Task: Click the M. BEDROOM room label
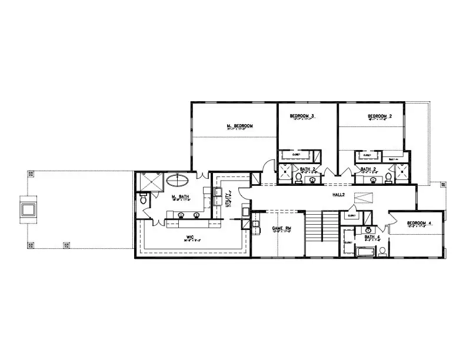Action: [x=239, y=126]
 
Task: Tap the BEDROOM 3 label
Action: [x=302, y=116]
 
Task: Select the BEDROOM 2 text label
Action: [x=380, y=116]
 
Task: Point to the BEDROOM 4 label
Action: [x=419, y=224]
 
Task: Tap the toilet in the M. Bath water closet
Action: [x=143, y=201]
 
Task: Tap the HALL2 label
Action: [x=338, y=193]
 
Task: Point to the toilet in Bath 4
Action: [x=382, y=251]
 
